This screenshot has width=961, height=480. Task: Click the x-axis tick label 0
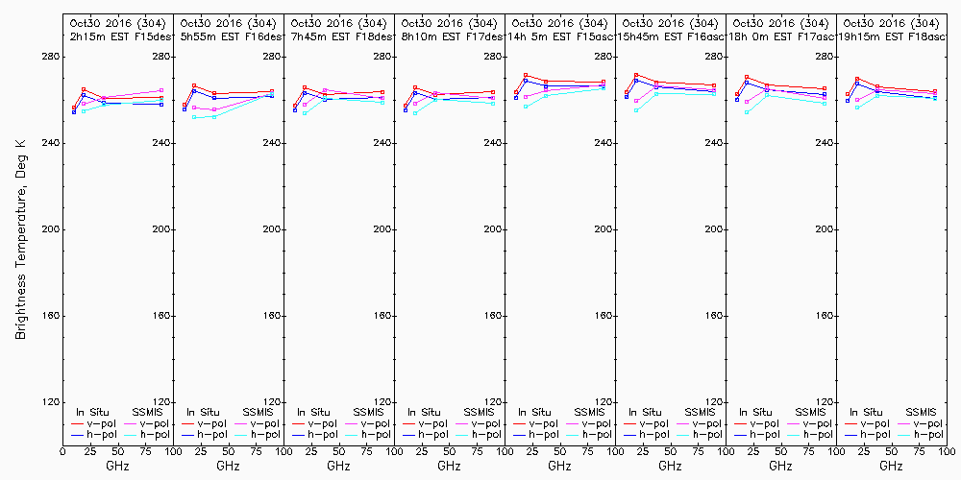[62, 452]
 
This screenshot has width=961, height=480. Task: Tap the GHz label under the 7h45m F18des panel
[338, 466]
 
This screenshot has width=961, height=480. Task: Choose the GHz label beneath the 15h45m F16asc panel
[670, 466]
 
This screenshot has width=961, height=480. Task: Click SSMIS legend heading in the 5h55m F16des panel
[258, 412]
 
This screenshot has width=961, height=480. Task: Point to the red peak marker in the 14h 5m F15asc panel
[526, 75]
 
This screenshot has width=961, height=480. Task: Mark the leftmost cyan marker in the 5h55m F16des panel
[195, 117]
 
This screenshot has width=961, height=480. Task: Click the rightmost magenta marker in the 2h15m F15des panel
[161, 90]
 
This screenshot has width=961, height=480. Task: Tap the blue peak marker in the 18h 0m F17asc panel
[747, 83]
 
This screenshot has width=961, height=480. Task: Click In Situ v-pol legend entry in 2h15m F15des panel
[90, 423]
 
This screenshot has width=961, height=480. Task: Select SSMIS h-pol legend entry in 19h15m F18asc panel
[917, 435]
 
